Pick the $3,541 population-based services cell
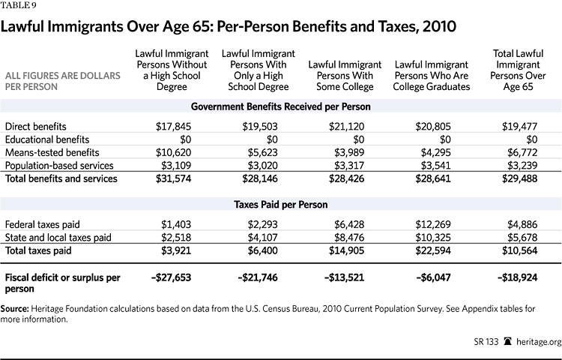point(431,165)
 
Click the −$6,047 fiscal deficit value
point(428,277)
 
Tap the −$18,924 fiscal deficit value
point(517,277)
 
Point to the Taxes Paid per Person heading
point(281,204)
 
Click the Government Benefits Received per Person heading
point(281,106)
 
